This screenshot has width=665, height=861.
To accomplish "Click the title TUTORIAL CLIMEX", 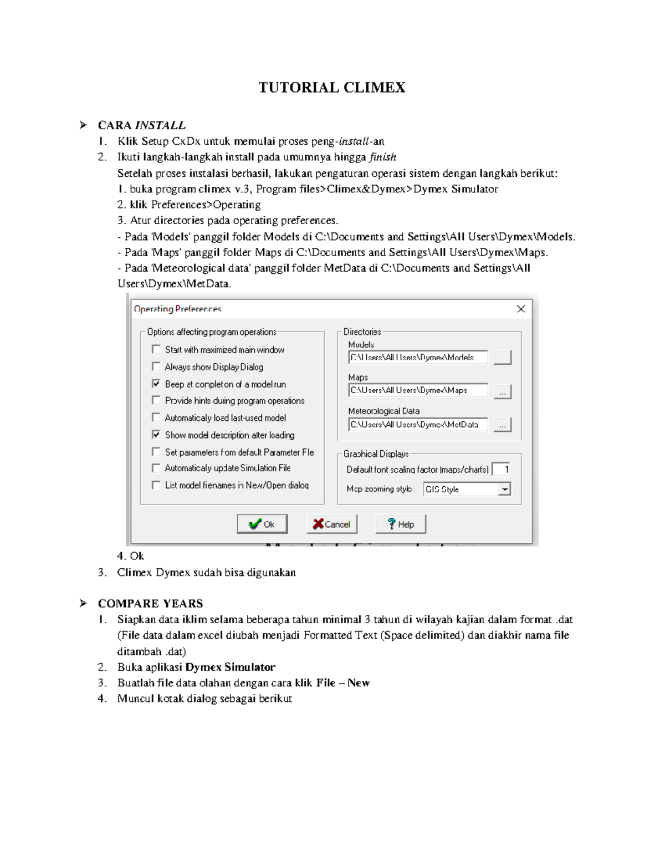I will click(x=332, y=88).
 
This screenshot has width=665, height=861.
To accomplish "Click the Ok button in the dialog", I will click(x=262, y=524).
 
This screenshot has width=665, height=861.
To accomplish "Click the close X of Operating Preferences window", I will click(x=521, y=309).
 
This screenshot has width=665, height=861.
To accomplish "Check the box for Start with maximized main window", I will click(x=156, y=349).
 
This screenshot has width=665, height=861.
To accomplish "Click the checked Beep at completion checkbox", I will click(x=156, y=384).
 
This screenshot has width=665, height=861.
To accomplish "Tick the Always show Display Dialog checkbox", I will click(x=156, y=366).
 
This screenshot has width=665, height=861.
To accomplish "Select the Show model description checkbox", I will click(x=156, y=435).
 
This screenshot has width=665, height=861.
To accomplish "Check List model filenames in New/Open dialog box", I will click(x=156, y=485).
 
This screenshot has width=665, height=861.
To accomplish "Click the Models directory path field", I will click(x=418, y=358).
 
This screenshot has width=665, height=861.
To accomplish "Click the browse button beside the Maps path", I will click(x=502, y=391).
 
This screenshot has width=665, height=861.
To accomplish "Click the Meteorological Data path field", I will click(x=418, y=425).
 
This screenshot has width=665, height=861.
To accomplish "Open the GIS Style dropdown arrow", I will click(x=504, y=490).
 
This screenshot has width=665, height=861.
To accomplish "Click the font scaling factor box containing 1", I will click(x=501, y=470).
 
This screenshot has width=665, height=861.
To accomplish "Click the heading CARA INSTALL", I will click(x=141, y=125).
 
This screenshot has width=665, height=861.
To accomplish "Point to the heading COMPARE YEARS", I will click(x=150, y=603).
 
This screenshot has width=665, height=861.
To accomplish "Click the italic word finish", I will click(x=382, y=157).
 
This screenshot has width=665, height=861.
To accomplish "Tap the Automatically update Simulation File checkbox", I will click(x=156, y=468).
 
